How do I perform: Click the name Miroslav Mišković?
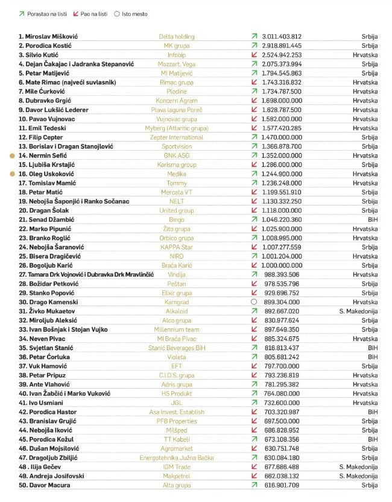[x=51, y=36]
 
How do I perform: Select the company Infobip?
[x=176, y=55]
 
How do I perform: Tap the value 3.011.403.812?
[x=282, y=36]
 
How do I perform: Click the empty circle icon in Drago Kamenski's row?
[x=254, y=302]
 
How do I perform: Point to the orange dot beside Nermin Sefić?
[x=11, y=155]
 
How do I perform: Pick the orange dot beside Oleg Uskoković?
[x=11, y=174]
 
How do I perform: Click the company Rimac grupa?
[x=176, y=82]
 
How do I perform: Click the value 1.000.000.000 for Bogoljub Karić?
[x=282, y=265]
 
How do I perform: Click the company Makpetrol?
[x=176, y=476]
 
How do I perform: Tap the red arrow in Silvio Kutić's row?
[x=254, y=55]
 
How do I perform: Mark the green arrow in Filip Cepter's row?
[x=254, y=137]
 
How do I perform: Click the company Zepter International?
[x=176, y=137]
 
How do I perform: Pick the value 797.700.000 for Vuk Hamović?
[x=282, y=366]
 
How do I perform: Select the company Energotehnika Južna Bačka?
[x=176, y=457]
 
